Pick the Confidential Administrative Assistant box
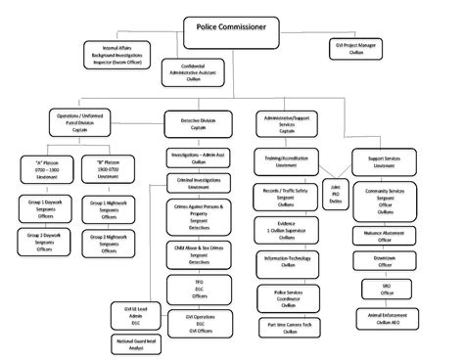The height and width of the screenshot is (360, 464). click(192, 71)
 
